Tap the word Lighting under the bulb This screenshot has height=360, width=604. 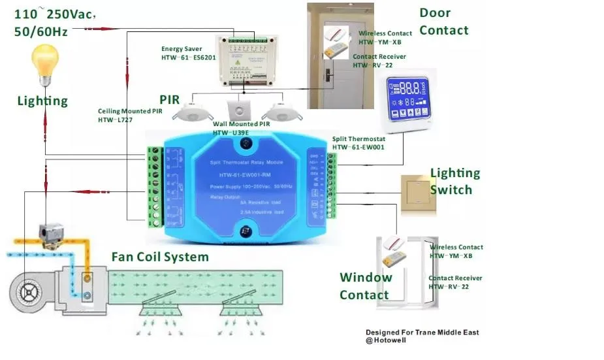point(42,101)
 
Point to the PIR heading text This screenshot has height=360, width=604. point(170,100)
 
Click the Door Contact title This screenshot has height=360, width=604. point(443,22)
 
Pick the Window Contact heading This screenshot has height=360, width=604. point(366,286)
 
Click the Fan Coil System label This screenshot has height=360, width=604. point(160,257)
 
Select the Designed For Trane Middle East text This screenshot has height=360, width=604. point(422,333)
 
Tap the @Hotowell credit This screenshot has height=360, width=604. point(386,340)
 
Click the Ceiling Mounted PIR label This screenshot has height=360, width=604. point(130,115)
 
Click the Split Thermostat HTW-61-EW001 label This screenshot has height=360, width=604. point(358,143)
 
